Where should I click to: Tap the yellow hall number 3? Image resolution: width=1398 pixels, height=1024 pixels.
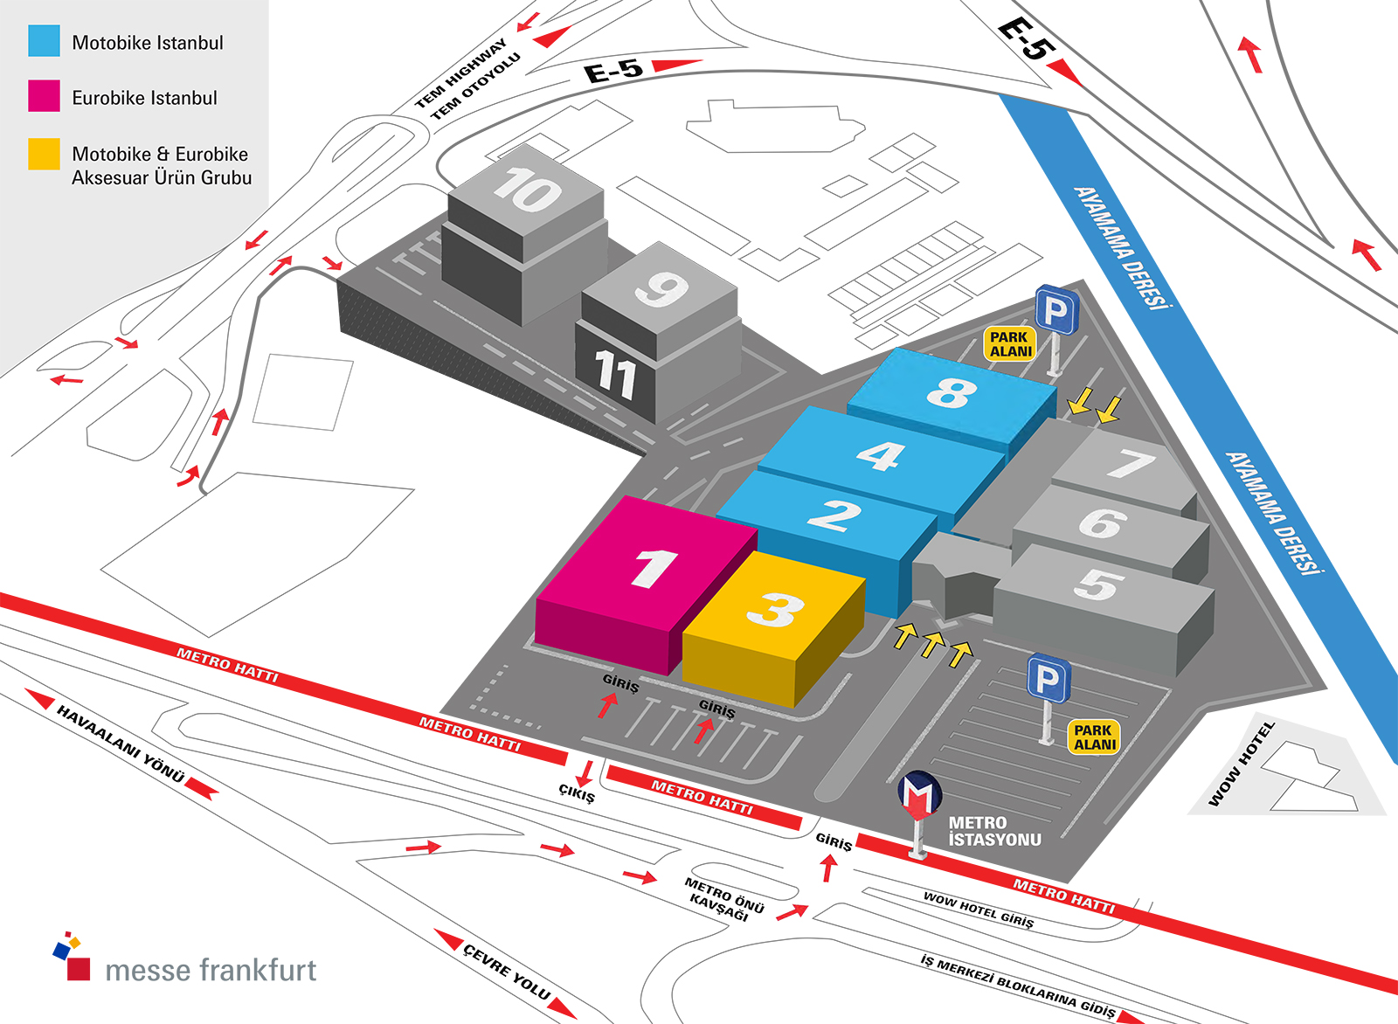coord(775,610)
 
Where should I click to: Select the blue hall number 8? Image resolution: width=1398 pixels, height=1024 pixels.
coord(952,393)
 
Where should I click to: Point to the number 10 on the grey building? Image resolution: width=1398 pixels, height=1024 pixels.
coord(527,190)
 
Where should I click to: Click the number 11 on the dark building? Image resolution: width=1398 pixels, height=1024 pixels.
coord(616,375)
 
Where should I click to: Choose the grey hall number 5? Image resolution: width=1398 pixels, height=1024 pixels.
coord(1099,585)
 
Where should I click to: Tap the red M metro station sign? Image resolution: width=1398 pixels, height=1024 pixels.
coord(919,793)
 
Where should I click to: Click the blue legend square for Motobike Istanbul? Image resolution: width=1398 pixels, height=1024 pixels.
coord(44,41)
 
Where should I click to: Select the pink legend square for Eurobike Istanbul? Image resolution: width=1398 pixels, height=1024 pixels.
coord(44,96)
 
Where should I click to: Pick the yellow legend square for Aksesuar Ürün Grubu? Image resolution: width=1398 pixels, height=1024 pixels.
coord(44,154)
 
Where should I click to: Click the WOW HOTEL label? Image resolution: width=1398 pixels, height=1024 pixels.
coord(1241,764)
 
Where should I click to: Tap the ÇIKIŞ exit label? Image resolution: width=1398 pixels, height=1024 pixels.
coord(577,794)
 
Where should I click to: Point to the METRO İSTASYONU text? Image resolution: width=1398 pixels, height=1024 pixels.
coord(994,832)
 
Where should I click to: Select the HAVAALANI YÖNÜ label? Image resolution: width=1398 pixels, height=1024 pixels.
coord(121,743)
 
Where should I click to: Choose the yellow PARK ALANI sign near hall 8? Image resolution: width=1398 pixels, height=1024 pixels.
coord(1010,344)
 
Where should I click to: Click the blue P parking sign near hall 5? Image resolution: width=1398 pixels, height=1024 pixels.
coord(1048,679)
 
